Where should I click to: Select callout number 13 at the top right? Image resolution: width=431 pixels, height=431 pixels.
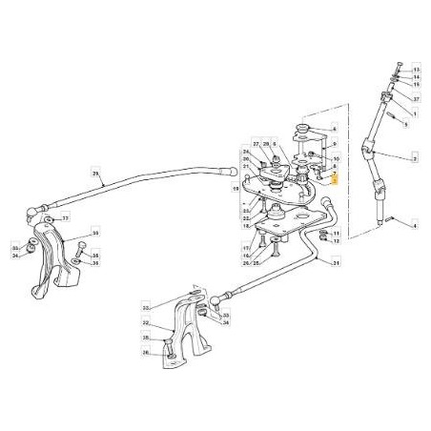point(417,71)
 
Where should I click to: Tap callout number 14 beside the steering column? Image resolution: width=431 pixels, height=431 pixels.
point(417,77)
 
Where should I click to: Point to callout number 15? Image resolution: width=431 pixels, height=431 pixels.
point(417,85)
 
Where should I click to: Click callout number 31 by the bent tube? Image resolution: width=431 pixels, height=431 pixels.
point(336,262)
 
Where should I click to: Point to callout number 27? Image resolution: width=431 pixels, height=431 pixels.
point(257,144)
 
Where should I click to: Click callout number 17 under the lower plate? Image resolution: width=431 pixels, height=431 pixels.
point(244,247)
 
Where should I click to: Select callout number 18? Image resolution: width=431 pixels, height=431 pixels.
point(245,225)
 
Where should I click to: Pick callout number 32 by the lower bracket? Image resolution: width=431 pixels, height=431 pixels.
point(146,326)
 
